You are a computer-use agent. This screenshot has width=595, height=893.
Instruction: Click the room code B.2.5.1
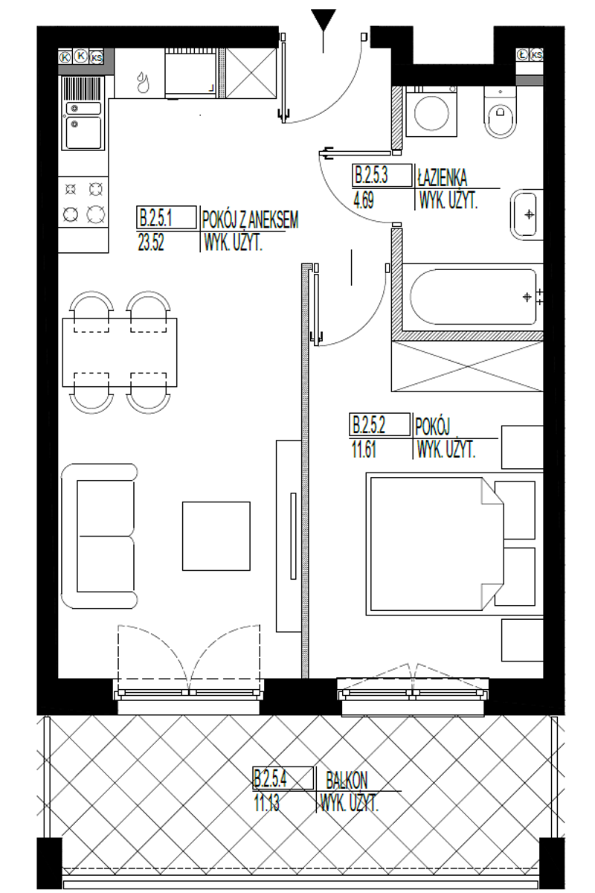(155, 219)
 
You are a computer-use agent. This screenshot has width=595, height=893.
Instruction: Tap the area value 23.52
(151, 242)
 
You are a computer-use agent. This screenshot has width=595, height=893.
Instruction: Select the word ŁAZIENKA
(443, 178)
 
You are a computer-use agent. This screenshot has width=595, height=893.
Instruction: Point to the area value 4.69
(364, 200)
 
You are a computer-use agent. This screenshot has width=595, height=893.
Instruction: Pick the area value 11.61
(364, 449)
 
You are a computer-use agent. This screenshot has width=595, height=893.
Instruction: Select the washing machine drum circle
(431, 113)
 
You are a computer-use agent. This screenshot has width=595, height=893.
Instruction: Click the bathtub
(473, 297)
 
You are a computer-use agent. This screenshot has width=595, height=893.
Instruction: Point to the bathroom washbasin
(526, 215)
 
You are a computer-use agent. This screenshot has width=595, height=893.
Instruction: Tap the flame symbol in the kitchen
(142, 82)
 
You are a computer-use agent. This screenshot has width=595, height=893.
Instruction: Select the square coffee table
(216, 537)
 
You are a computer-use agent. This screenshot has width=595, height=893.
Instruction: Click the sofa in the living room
(99, 537)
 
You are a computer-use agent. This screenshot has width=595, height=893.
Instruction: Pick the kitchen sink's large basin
(84, 132)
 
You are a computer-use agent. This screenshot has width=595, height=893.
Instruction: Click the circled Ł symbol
(522, 55)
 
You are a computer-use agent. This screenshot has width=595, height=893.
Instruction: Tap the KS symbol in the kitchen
(97, 57)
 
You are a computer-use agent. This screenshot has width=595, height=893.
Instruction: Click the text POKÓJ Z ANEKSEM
(250, 220)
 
